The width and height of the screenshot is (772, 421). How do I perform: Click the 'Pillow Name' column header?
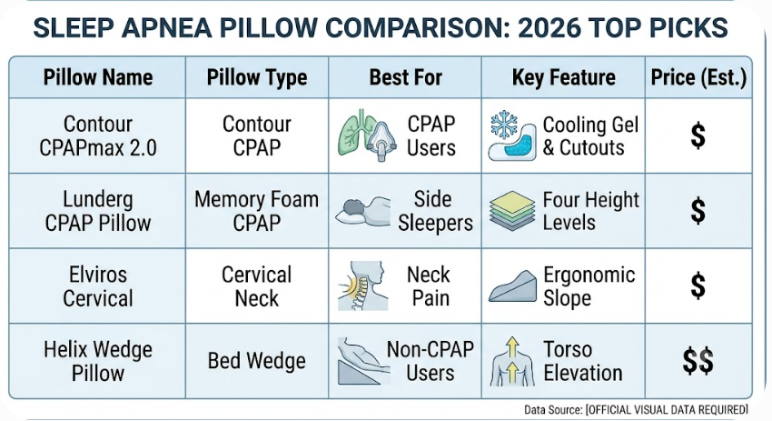pos(98,77)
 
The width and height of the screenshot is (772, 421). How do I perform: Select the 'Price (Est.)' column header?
pos(698,77)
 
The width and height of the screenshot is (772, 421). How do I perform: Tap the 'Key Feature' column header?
pos(564,77)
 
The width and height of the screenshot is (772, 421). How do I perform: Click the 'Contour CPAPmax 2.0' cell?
pos(98,135)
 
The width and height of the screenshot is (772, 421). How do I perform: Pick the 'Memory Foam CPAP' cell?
pos(256,211)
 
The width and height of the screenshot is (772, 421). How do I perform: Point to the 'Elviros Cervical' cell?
pos(98,286)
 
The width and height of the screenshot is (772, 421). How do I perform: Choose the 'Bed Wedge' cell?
pos(256,361)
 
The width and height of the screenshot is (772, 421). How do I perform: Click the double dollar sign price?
pos(698,361)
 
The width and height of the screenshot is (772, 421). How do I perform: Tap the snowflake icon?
pos(504,125)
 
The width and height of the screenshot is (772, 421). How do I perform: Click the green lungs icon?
pos(354,132)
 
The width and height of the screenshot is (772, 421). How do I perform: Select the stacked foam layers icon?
pos(512,211)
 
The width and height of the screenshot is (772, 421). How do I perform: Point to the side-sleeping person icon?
pos(363,211)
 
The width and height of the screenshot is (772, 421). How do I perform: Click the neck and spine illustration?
pos(363,286)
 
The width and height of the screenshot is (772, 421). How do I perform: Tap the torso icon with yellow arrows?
pos(512,361)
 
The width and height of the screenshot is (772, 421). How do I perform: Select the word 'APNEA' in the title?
pos(167,27)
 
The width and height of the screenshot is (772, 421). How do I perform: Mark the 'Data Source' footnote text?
pos(636,410)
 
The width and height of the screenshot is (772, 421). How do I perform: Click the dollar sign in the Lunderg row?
pos(698,211)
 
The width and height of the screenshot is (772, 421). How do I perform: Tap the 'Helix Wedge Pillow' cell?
pos(98,361)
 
